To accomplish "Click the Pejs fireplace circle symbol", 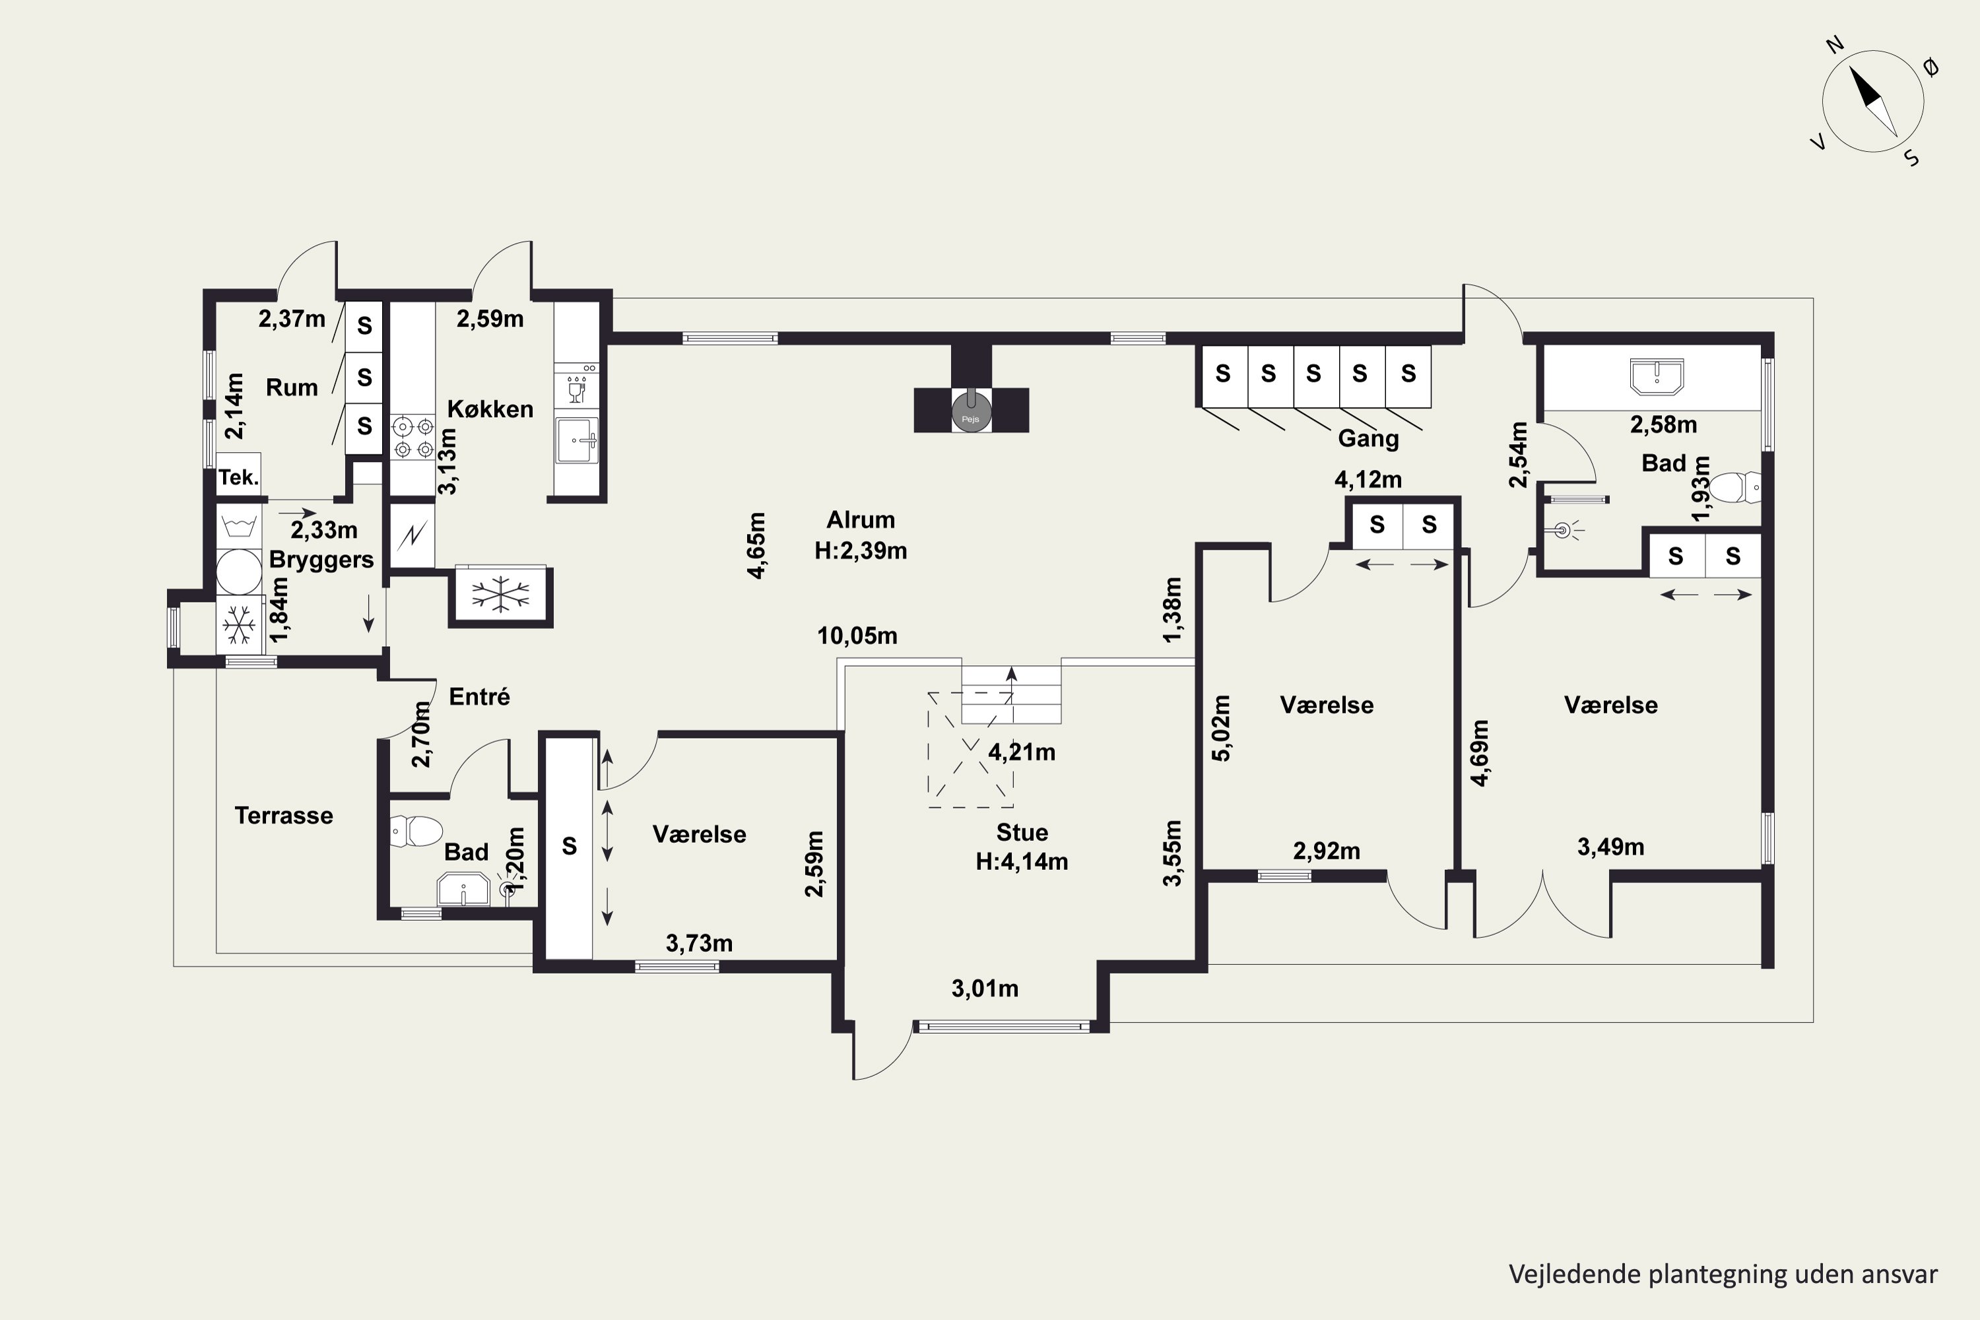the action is coord(972,413).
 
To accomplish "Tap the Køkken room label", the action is coord(490,409).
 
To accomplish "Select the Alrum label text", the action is coord(861,519).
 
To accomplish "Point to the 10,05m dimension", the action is coord(857,636).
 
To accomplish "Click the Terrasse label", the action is coord(284,815).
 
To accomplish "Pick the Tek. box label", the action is coord(238,477).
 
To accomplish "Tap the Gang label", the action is coord(1368,439).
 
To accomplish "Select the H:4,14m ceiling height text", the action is coord(1022,861).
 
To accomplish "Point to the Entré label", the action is coord(479,696).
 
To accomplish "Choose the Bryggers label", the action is coord(321,560).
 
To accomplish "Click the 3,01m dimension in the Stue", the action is coord(985,988).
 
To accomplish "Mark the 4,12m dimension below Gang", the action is coord(1368,480).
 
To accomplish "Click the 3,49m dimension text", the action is coord(1610,847).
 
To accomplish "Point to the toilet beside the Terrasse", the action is coord(416,831).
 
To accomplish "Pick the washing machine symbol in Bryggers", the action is coord(239,572).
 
